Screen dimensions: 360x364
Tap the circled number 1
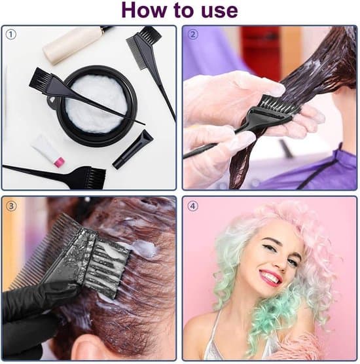tap(10, 35)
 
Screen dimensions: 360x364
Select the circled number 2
tap(192, 35)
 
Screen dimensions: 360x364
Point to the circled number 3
tap(11, 206)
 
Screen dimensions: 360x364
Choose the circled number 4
tap(192, 206)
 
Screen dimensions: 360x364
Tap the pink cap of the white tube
tap(59, 162)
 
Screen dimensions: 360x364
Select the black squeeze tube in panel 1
tap(133, 149)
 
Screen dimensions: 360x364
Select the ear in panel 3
tap(90, 348)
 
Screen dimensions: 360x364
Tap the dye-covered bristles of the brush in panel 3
tap(109, 267)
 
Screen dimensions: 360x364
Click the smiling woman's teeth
tap(270, 277)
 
